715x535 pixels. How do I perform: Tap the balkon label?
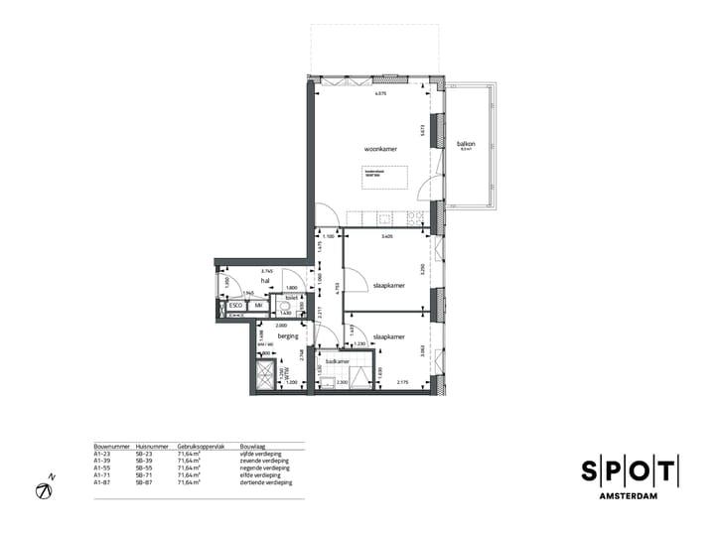point(466,144)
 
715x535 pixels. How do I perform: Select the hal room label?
point(265,281)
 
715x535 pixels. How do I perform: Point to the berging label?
point(288,336)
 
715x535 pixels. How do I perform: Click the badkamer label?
point(335,362)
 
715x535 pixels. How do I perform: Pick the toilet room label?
point(292,297)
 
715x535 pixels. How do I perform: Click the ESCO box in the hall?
point(236,306)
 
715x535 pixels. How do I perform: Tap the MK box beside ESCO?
point(258,306)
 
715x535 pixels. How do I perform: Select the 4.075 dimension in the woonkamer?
point(379,94)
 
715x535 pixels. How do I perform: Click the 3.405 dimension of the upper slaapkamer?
point(386,237)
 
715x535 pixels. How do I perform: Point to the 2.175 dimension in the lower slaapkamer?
point(402,383)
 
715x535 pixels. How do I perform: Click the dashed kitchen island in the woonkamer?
point(386,178)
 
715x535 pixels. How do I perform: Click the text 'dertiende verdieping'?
point(266,482)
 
